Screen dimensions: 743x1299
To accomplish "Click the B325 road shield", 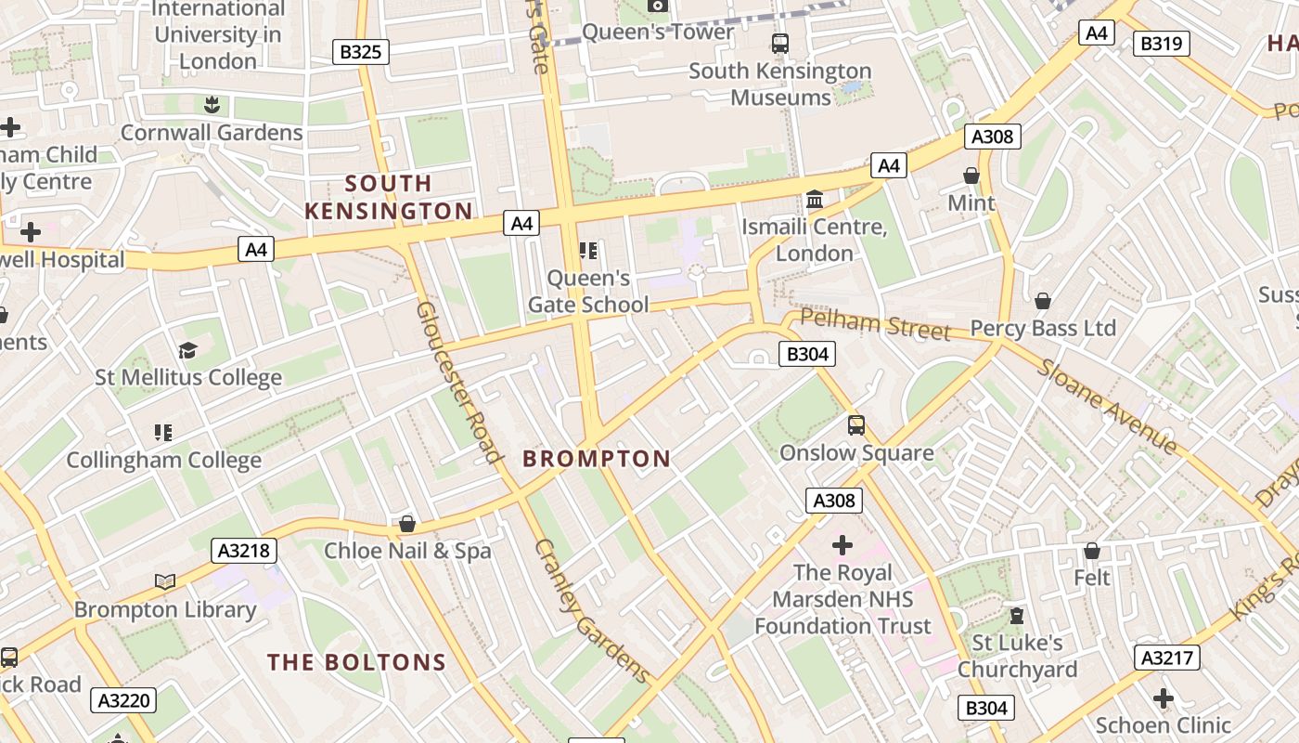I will coord(360,52).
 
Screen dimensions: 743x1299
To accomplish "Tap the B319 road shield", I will coord(1161,43).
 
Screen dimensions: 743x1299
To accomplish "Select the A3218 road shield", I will coord(244,551).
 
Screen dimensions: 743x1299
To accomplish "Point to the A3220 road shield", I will coord(123,699).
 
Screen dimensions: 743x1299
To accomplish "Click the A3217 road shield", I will coord(1166,658).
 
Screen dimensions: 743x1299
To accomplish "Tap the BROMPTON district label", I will coord(596,459).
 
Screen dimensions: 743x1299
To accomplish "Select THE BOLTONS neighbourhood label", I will coord(357,662).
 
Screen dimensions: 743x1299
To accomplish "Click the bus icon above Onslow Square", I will coord(856,425).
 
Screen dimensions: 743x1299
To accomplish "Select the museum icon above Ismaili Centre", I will coord(815,199).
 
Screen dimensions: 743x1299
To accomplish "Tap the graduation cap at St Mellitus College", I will coord(188,350).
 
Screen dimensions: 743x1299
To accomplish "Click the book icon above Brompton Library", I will coord(165,581).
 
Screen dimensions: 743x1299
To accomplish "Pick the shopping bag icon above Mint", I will coord(971,176).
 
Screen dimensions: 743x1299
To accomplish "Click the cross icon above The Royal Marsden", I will coord(842,544).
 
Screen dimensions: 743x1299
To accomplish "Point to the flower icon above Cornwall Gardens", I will coord(212,104).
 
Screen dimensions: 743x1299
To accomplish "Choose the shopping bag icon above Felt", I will coord(1092,551).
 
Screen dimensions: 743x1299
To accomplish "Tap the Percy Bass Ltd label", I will coord(1043,329).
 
